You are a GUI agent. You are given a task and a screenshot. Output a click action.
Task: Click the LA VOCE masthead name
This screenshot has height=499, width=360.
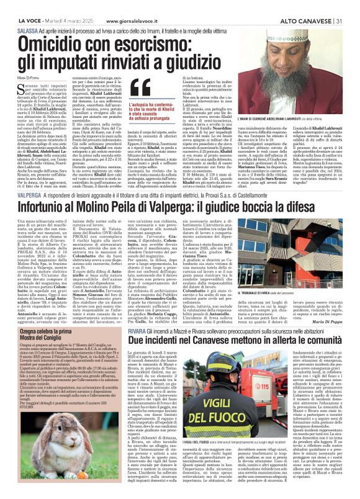(27, 6)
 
